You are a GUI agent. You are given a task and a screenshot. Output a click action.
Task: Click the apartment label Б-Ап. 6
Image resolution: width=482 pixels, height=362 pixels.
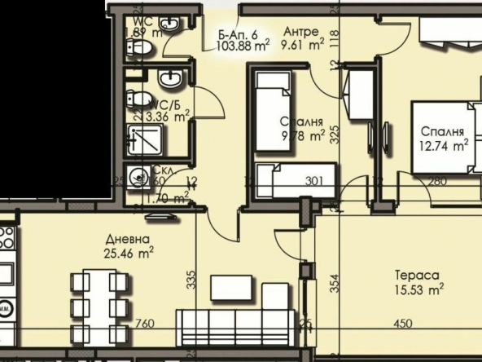point(239,34)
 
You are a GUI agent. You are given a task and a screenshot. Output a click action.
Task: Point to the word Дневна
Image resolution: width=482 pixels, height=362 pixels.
point(127,240)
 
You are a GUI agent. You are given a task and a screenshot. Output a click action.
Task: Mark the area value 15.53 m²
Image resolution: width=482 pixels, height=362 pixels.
point(418,289)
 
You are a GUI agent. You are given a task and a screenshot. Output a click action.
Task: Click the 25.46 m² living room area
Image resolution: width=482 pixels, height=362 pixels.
point(129,253)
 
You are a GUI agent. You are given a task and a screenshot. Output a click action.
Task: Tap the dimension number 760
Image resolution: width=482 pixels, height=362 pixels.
point(144,324)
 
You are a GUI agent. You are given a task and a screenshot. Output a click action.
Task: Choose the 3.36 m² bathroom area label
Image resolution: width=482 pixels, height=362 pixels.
point(170,117)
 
